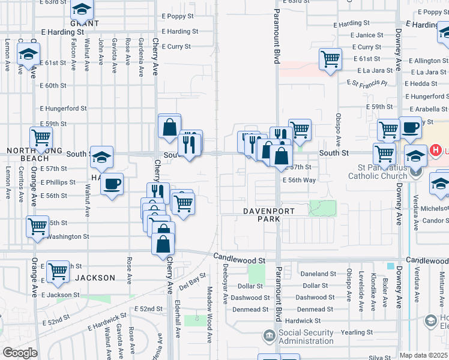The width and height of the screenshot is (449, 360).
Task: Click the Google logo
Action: pyautogui.click(x=20, y=353)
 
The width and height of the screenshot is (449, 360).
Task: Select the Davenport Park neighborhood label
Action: pyautogui.click(x=262, y=215)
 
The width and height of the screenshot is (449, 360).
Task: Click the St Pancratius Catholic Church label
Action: pyautogui.click(x=383, y=171)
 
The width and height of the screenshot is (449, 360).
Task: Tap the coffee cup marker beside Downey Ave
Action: pyautogui.click(x=411, y=127)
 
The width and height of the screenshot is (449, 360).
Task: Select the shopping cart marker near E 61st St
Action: pyautogui.click(x=330, y=59)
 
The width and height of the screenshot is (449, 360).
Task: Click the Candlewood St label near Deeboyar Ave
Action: pyautogui.click(x=240, y=260)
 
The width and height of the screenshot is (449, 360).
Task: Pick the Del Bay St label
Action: pyautogui.click(x=192, y=279)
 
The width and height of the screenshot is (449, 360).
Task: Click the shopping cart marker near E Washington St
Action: pyautogui.click(x=37, y=226)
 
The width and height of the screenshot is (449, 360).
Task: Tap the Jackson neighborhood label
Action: pyautogui.click(x=95, y=278)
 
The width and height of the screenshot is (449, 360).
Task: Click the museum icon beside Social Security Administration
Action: pyautogui.click(x=270, y=334)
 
